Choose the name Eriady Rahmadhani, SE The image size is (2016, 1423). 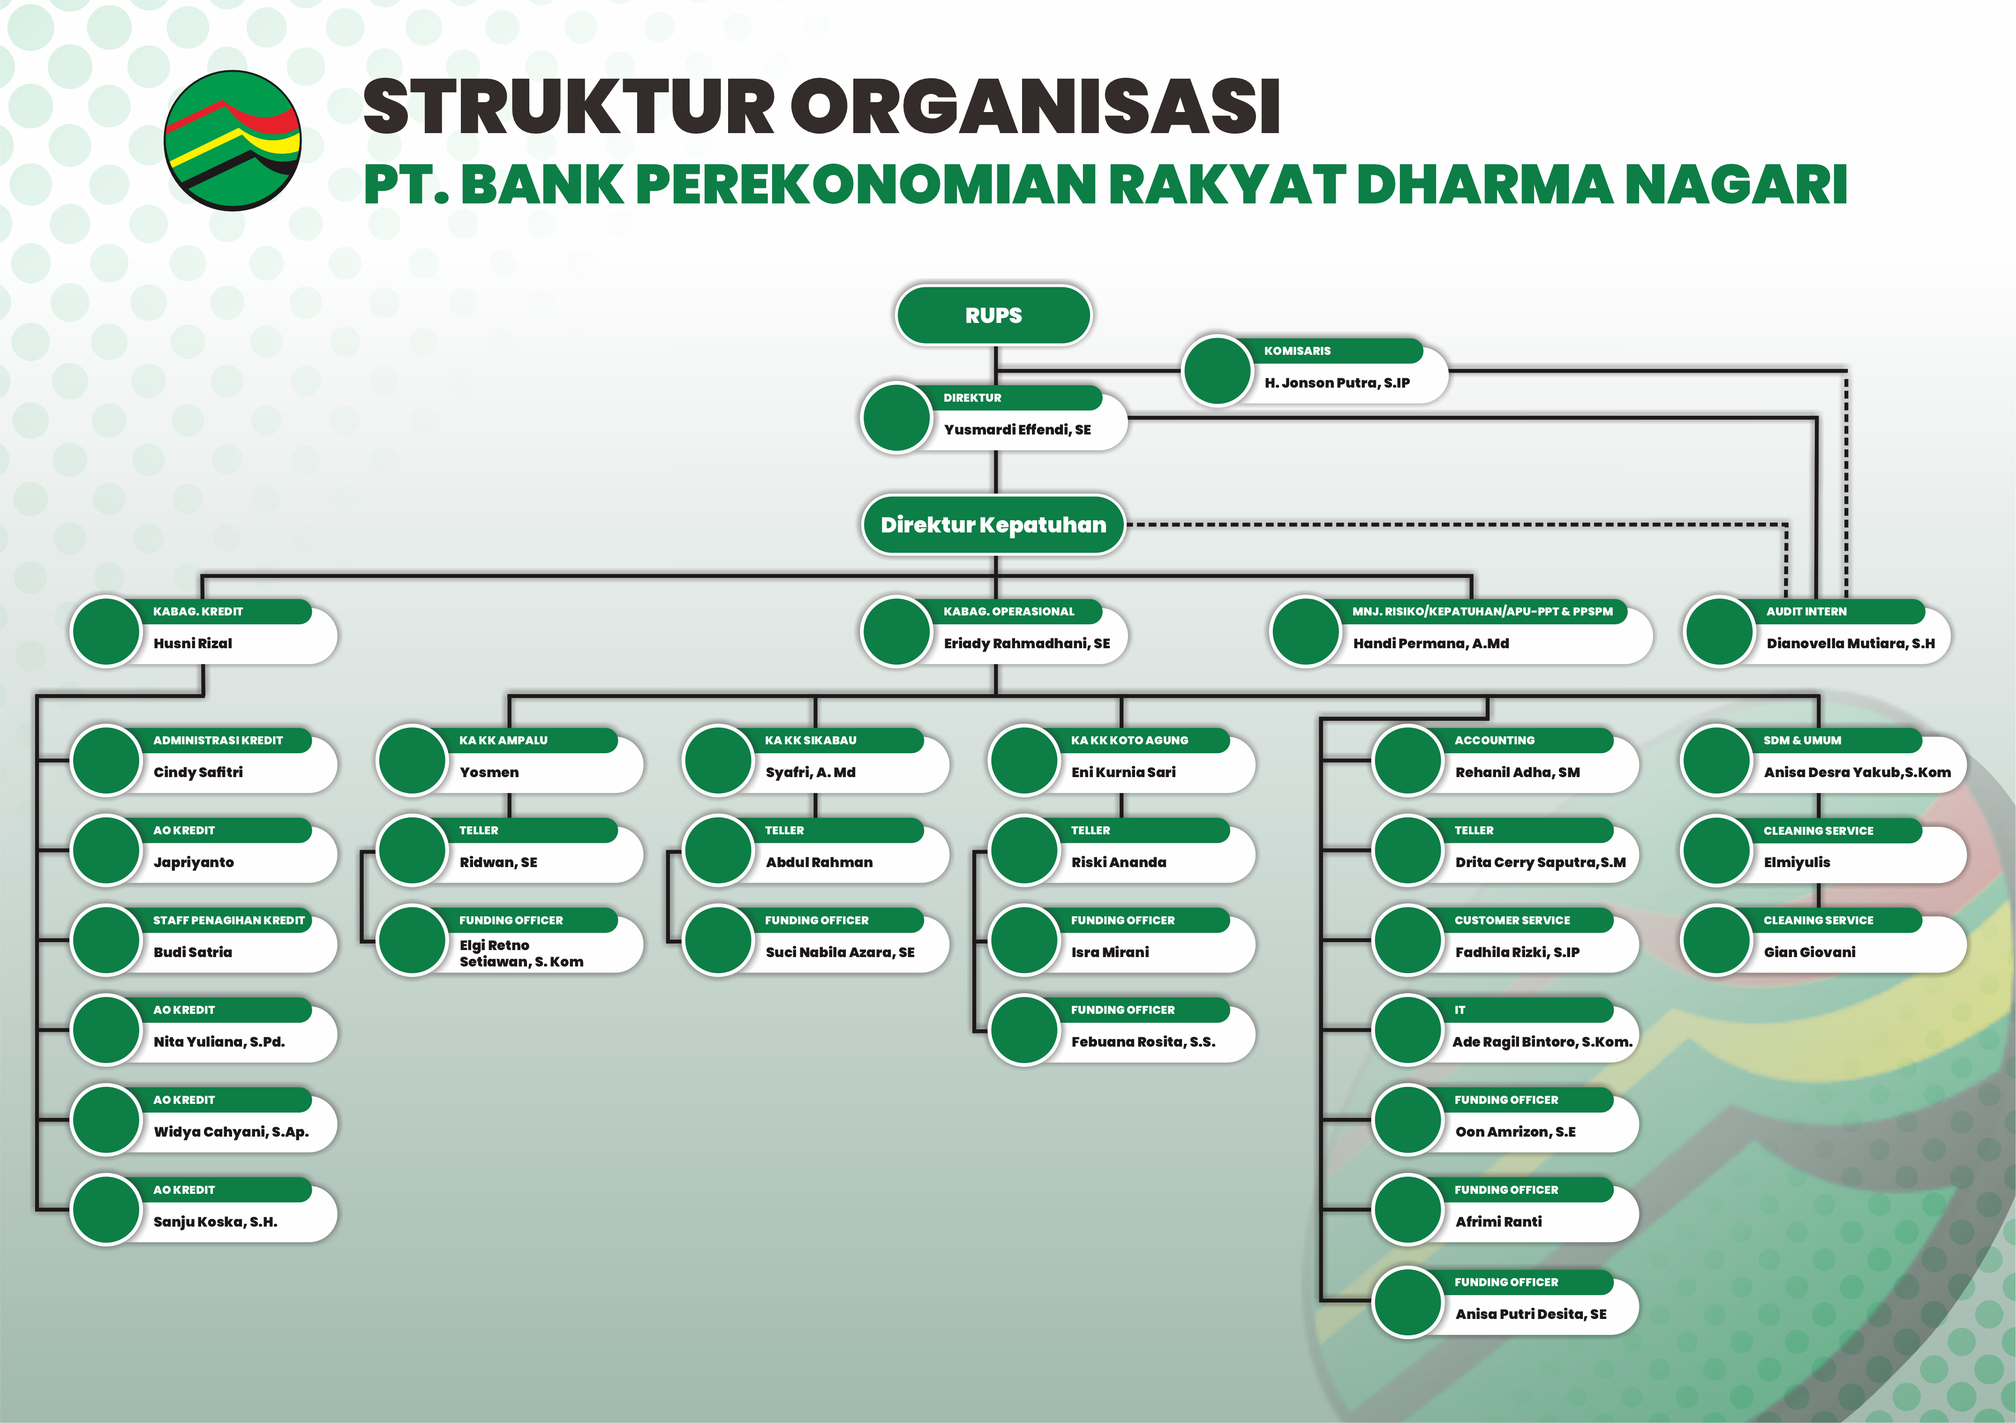click(x=1026, y=644)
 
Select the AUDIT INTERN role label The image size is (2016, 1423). click(x=1806, y=611)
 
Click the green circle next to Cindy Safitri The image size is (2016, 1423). click(x=106, y=760)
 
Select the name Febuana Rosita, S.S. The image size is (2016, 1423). click(x=1143, y=1042)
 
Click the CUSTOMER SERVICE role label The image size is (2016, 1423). click(x=1512, y=920)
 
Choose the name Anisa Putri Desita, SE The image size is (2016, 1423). click(x=1530, y=1314)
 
